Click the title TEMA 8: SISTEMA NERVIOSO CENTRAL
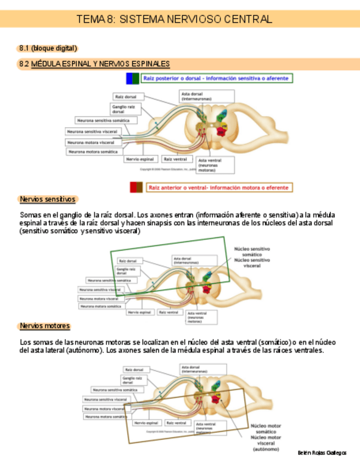(175, 19)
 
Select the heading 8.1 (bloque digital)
(48, 48)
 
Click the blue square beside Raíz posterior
(129, 78)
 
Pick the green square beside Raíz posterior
(136, 78)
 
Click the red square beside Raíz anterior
(133, 188)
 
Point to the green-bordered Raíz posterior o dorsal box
(216, 78)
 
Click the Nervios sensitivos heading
(47, 199)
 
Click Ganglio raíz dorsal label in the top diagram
(124, 109)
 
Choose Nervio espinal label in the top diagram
(140, 159)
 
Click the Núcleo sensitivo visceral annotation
(252, 263)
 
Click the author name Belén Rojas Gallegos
(322, 453)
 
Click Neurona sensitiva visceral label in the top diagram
(92, 132)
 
